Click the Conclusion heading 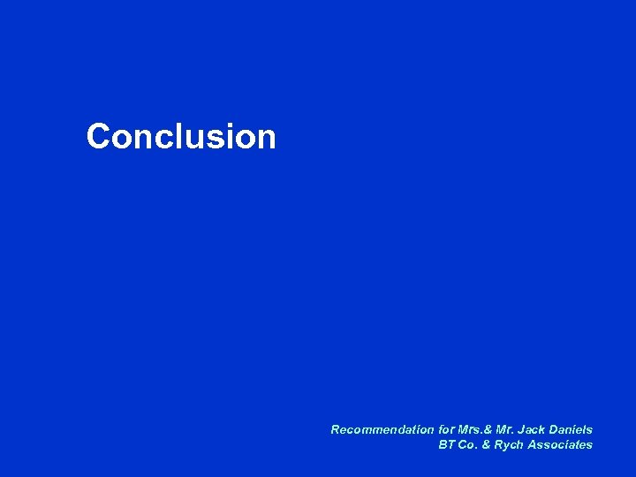(181, 137)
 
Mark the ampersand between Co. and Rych (488, 445)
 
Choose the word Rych (510, 445)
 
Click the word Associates (560, 445)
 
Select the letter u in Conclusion (188, 139)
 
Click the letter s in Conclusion (209, 139)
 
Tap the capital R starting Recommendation (336, 429)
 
